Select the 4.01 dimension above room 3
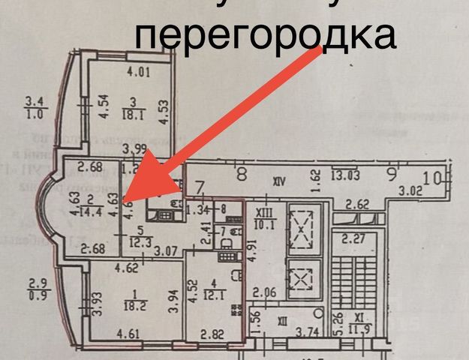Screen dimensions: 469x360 coord(139,73)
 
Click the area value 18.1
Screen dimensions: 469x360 coord(134,115)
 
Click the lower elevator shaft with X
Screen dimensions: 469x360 coord(303,276)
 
